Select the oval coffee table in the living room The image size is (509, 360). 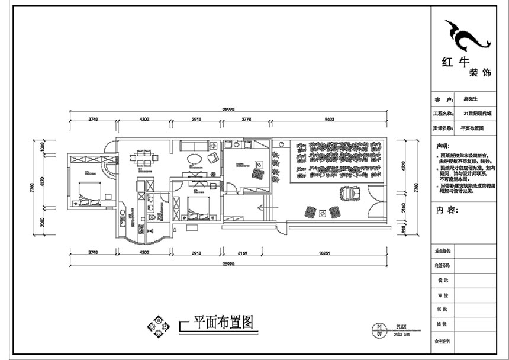click(194, 159)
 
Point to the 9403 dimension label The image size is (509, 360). click(329, 119)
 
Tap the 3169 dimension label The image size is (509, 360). click(239, 253)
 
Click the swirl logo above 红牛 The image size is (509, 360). click(467, 36)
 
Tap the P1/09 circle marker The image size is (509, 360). click(376, 329)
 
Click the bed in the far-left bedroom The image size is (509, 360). click(87, 191)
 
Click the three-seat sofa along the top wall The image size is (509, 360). click(193, 145)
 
